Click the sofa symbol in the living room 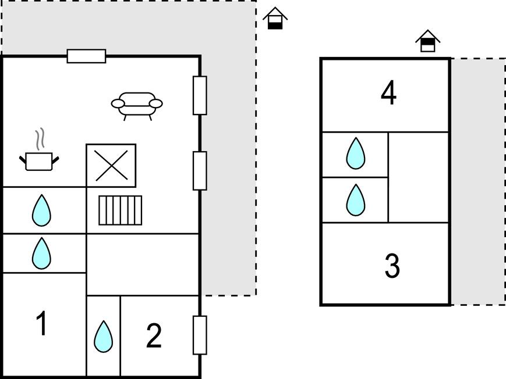click(x=137, y=105)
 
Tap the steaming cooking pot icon click(x=39, y=160)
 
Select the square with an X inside click(x=111, y=166)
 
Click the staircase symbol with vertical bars click(x=120, y=210)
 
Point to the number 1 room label click(x=41, y=324)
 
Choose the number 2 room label click(x=154, y=336)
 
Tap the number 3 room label click(x=392, y=266)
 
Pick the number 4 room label click(x=388, y=93)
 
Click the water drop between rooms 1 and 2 click(x=103, y=337)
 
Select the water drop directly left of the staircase click(x=41, y=210)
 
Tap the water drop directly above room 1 click(x=41, y=253)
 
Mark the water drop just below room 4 click(x=355, y=154)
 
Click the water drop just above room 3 click(x=355, y=200)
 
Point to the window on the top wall click(x=86, y=56)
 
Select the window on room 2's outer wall click(x=200, y=335)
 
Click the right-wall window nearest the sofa click(x=200, y=95)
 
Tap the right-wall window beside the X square click(x=200, y=170)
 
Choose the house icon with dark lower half click(x=275, y=19)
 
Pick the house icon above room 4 click(x=428, y=41)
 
